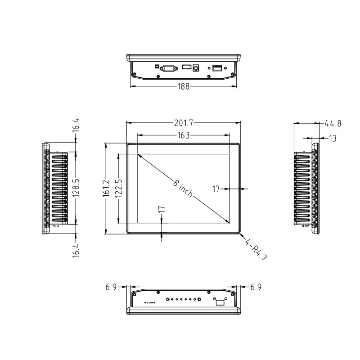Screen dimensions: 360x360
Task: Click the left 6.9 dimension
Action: pos(112,287)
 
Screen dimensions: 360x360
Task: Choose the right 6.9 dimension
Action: pos(255,287)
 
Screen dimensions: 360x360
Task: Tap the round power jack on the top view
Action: pos(196,68)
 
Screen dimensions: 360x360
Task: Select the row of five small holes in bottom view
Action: pos(150,303)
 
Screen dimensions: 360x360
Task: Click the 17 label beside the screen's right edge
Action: pos(216,189)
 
